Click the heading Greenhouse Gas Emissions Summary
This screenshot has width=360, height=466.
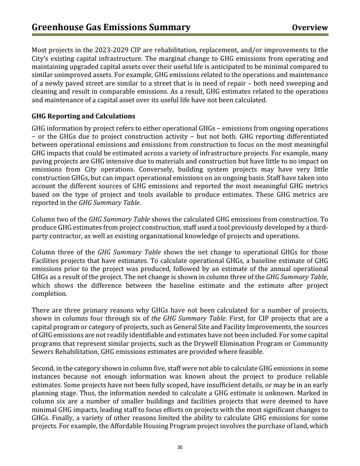(x=111, y=27)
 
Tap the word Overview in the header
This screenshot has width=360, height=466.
(x=310, y=28)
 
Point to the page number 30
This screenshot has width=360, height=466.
(x=180, y=447)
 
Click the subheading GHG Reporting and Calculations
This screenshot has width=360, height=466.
(x=83, y=117)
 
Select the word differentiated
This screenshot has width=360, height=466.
(x=300, y=136)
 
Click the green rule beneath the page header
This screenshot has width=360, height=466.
(x=180, y=35)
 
